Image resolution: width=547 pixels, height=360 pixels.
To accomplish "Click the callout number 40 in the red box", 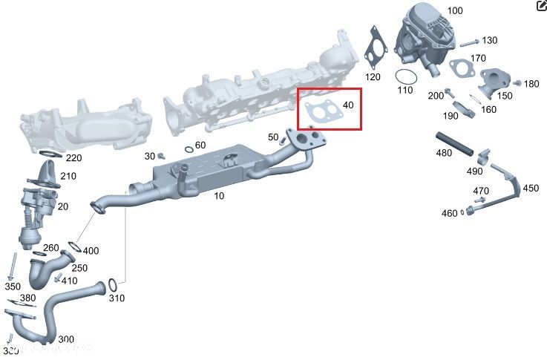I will [x=349, y=105].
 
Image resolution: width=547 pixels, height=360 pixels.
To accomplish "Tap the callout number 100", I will [x=454, y=11].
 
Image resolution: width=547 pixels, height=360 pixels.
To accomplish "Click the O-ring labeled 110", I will [x=404, y=76].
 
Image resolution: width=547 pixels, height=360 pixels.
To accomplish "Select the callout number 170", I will [x=478, y=58].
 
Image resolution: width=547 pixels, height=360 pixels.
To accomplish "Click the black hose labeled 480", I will [x=454, y=143].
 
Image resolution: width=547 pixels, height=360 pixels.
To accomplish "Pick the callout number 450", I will [x=531, y=189].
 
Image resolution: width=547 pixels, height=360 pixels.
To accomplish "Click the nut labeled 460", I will [x=470, y=213].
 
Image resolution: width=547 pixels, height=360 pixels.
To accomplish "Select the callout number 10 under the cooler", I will [x=219, y=196].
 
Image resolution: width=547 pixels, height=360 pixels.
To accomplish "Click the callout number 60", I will [x=200, y=145].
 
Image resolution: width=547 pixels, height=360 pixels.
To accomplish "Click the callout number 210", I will [x=68, y=176].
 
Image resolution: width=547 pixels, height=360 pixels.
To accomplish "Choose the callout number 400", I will [x=91, y=251].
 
